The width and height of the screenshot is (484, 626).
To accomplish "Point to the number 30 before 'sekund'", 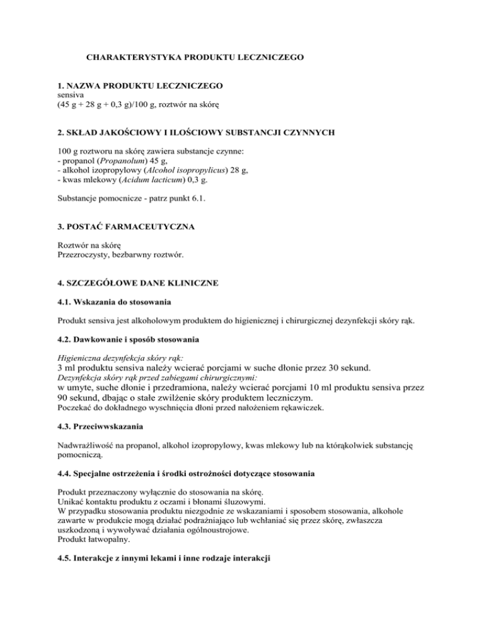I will pos(337,368).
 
